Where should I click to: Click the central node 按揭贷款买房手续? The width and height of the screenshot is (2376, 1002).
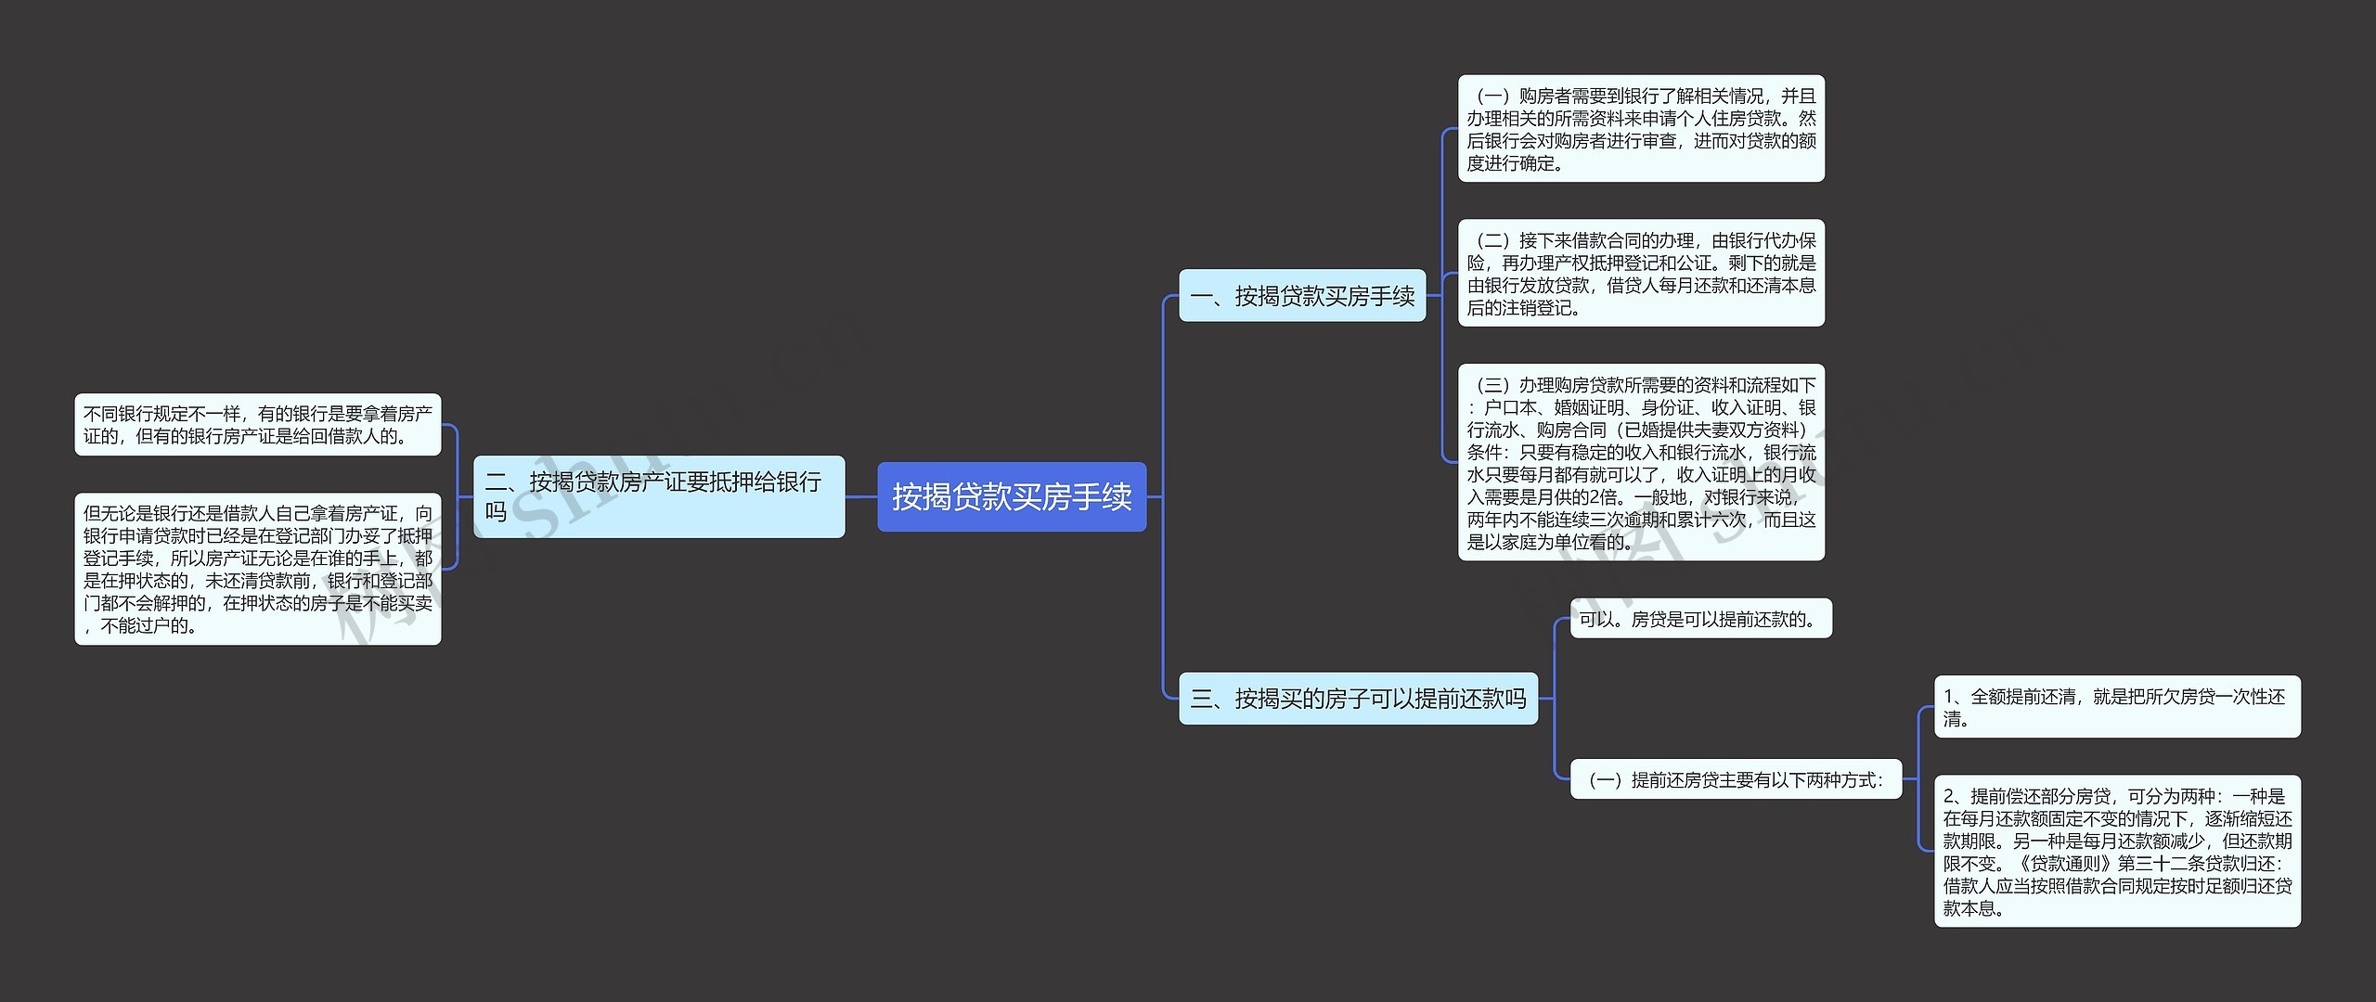click(1012, 496)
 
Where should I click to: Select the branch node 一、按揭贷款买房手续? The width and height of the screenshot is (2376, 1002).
click(1301, 296)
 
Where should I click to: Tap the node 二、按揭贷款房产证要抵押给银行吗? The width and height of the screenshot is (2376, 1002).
click(659, 496)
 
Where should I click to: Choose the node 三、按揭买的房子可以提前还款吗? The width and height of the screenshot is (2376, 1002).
click(1358, 699)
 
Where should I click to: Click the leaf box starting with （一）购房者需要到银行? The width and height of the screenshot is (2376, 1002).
click(1641, 129)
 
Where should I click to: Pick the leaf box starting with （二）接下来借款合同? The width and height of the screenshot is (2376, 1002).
click(1641, 273)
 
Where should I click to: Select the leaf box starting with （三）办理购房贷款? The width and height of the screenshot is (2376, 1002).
click(1641, 462)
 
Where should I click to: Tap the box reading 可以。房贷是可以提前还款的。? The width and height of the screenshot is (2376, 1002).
click(1700, 619)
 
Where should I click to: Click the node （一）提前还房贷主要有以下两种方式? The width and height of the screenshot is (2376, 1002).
click(1736, 780)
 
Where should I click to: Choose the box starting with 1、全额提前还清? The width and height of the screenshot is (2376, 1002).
click(2116, 707)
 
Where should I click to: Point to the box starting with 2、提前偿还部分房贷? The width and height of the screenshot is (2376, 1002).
click(2116, 851)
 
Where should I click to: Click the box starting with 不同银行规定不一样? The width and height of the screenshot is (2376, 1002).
click(257, 425)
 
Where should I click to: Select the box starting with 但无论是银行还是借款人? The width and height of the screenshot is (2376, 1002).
click(257, 569)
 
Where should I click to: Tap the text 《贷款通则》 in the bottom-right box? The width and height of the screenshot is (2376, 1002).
click(2064, 864)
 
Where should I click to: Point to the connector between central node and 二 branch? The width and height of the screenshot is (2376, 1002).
click(861, 496)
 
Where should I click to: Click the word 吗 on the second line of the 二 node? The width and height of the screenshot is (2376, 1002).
click(496, 512)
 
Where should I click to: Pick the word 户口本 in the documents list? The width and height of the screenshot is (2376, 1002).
click(1510, 408)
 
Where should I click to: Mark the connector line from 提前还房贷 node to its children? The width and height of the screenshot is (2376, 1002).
click(1918, 780)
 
